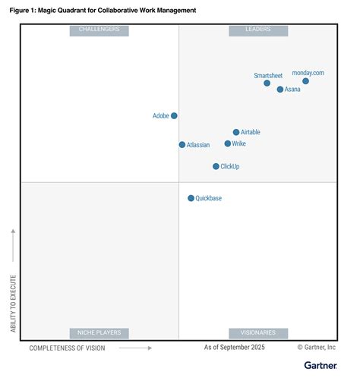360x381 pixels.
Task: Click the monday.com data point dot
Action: pyautogui.click(x=305, y=81)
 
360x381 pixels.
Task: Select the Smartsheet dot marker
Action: pyautogui.click(x=267, y=83)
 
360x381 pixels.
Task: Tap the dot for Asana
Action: pyautogui.click(x=280, y=90)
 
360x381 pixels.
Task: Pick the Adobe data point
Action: pyautogui.click(x=174, y=115)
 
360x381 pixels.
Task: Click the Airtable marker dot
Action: pyautogui.click(x=236, y=132)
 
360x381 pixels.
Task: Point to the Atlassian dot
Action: pyautogui.click(x=182, y=145)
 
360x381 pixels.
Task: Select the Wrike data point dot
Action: pyautogui.click(x=228, y=143)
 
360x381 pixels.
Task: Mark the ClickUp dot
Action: pyautogui.click(x=216, y=166)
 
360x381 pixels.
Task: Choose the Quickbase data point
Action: pyautogui.click(x=191, y=198)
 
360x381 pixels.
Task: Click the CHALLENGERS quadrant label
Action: pyautogui.click(x=99, y=30)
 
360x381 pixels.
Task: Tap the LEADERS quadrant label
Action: pyautogui.click(x=258, y=30)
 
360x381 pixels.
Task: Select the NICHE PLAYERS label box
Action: pyautogui.click(x=99, y=333)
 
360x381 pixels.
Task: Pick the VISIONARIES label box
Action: pyautogui.click(x=258, y=333)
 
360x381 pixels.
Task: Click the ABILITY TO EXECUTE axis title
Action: pyautogui.click(x=13, y=304)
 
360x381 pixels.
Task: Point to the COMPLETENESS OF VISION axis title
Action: pyautogui.click(x=67, y=348)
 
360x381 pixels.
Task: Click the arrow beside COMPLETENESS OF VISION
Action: pyautogui.click(x=135, y=348)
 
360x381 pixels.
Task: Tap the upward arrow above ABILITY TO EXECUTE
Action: pyautogui.click(x=13, y=245)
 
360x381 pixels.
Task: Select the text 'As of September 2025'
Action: pyautogui.click(x=235, y=347)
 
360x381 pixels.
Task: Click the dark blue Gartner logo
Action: pyautogui.click(x=321, y=366)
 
